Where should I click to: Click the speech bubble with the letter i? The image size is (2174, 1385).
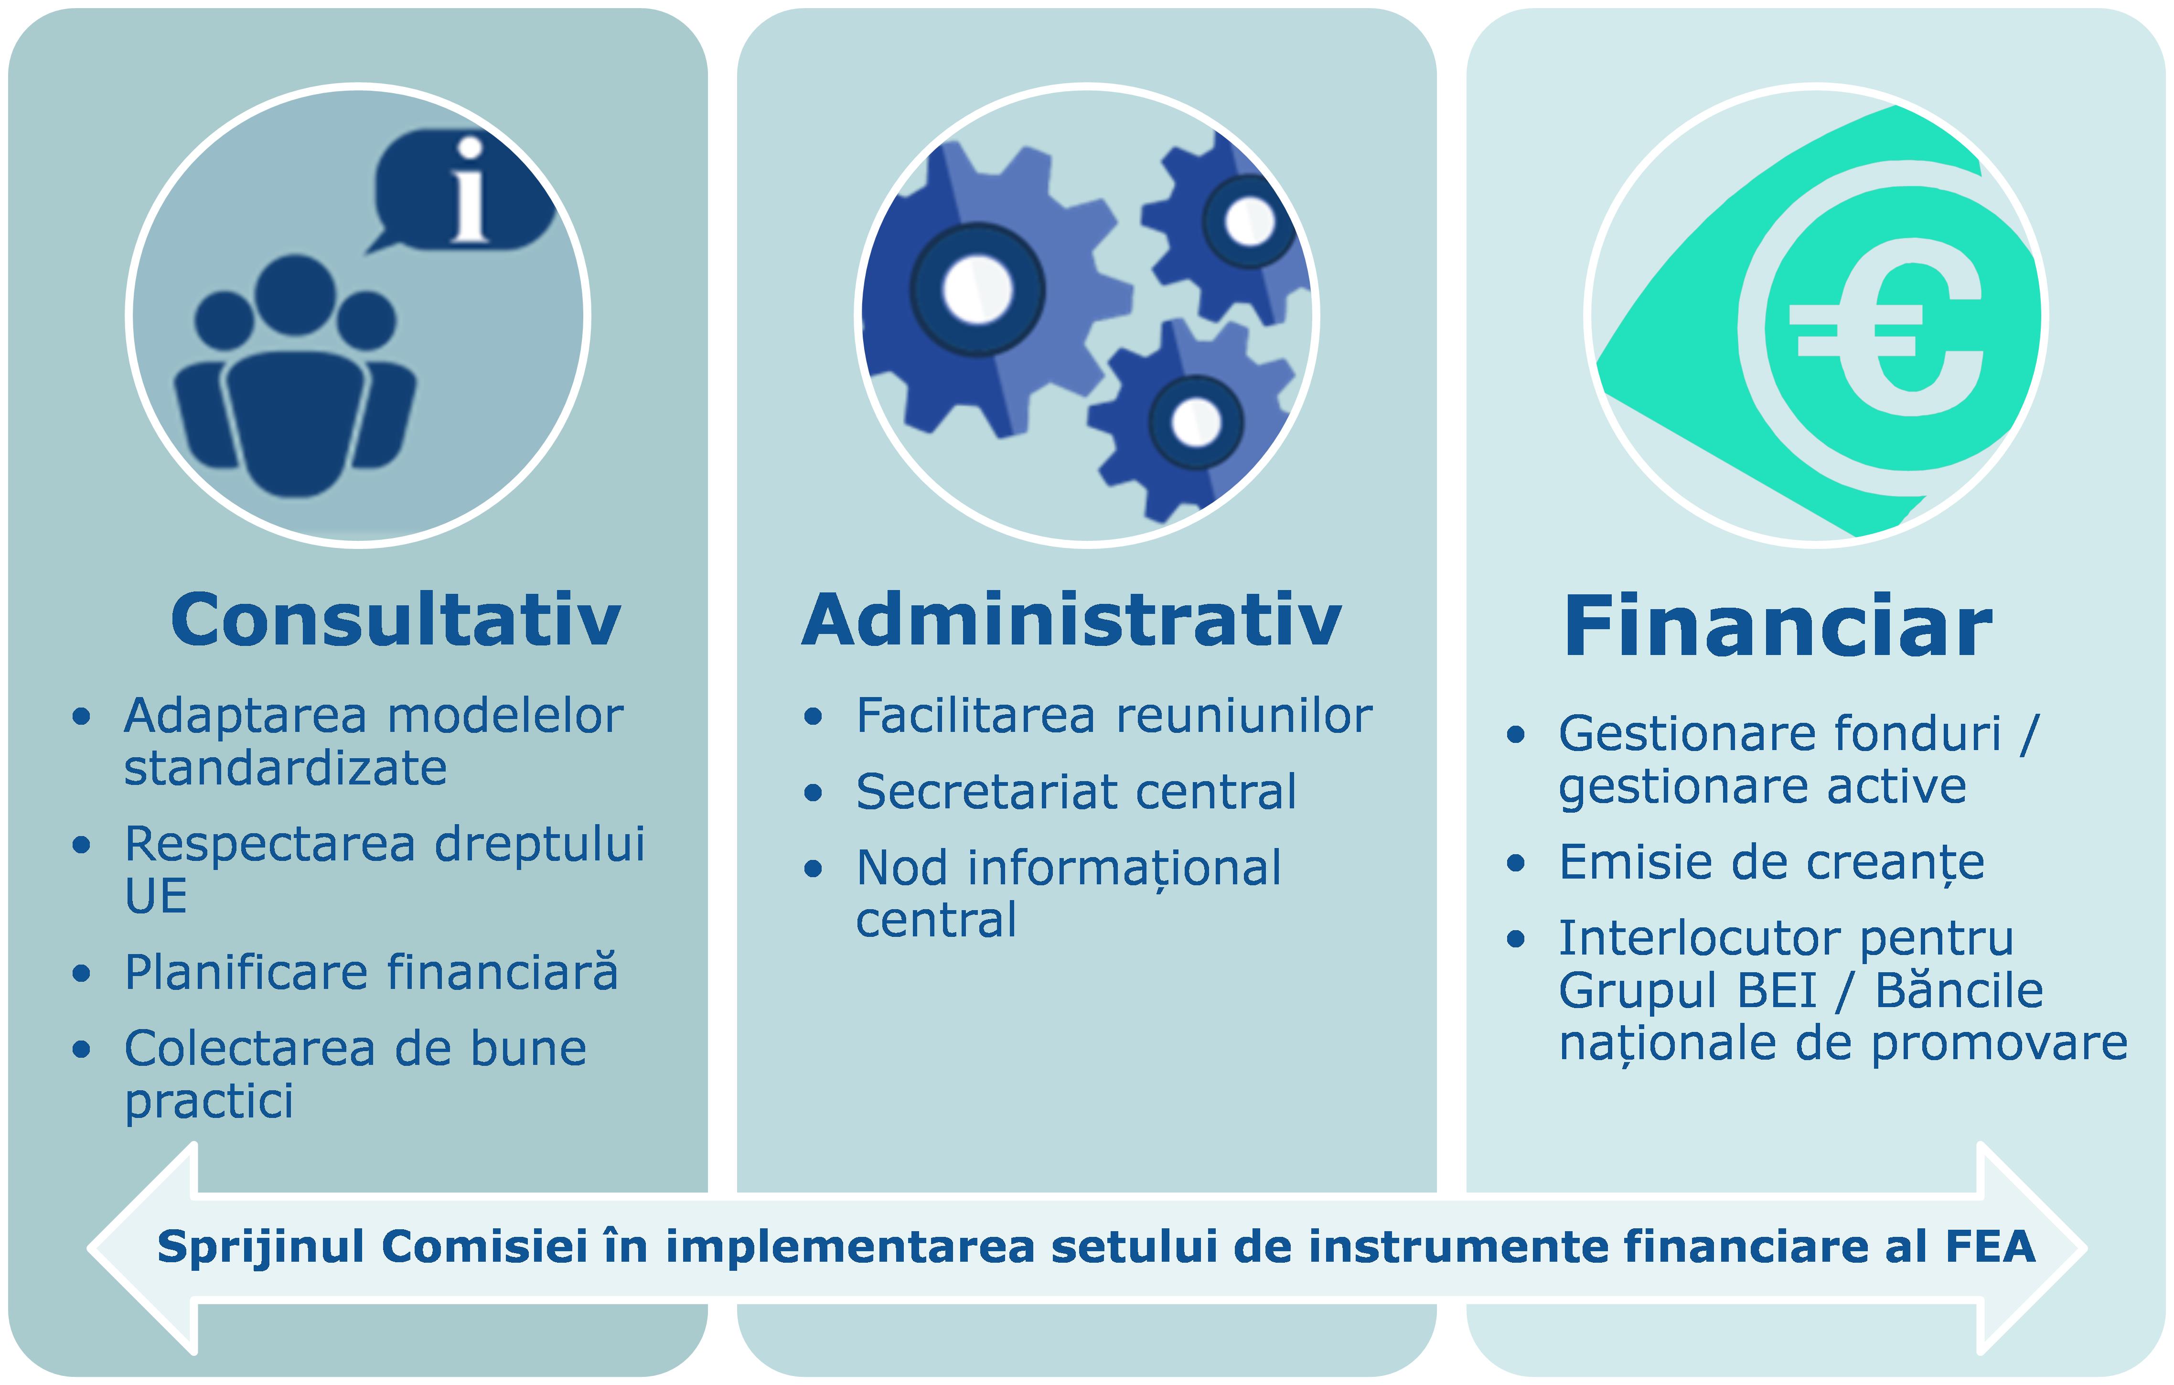[461, 192]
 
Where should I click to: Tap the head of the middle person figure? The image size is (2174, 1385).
[295, 295]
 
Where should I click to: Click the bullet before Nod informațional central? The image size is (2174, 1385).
[814, 869]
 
